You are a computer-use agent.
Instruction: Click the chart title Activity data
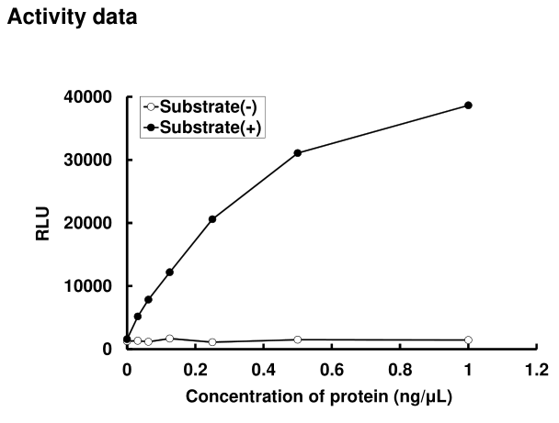pyautogui.click(x=72, y=17)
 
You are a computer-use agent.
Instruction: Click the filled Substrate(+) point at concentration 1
pyautogui.click(x=468, y=106)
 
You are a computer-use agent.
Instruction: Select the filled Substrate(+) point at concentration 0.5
pyautogui.click(x=298, y=152)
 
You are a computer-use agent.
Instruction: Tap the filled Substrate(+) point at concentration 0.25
pyautogui.click(x=212, y=219)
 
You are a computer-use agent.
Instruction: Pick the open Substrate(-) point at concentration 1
pyautogui.click(x=468, y=340)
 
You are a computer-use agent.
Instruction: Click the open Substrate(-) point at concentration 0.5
pyautogui.click(x=298, y=340)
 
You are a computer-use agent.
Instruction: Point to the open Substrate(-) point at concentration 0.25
pyautogui.click(x=212, y=342)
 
